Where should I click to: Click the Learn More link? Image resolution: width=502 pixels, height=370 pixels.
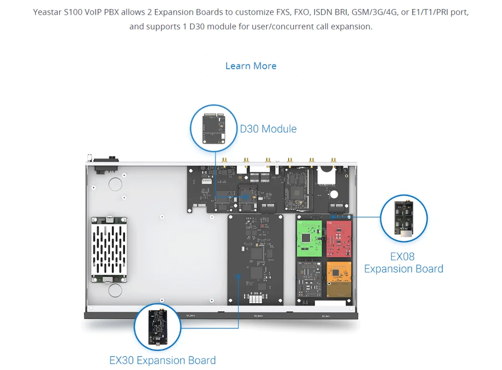click(250, 66)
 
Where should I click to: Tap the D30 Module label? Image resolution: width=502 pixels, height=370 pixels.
click(268, 129)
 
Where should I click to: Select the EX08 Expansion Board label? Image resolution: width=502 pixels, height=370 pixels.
click(404, 262)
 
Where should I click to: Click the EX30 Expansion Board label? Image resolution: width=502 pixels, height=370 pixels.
click(163, 360)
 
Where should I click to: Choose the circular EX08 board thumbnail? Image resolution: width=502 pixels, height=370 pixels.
click(404, 219)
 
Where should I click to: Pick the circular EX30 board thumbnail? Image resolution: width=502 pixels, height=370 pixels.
click(158, 327)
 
